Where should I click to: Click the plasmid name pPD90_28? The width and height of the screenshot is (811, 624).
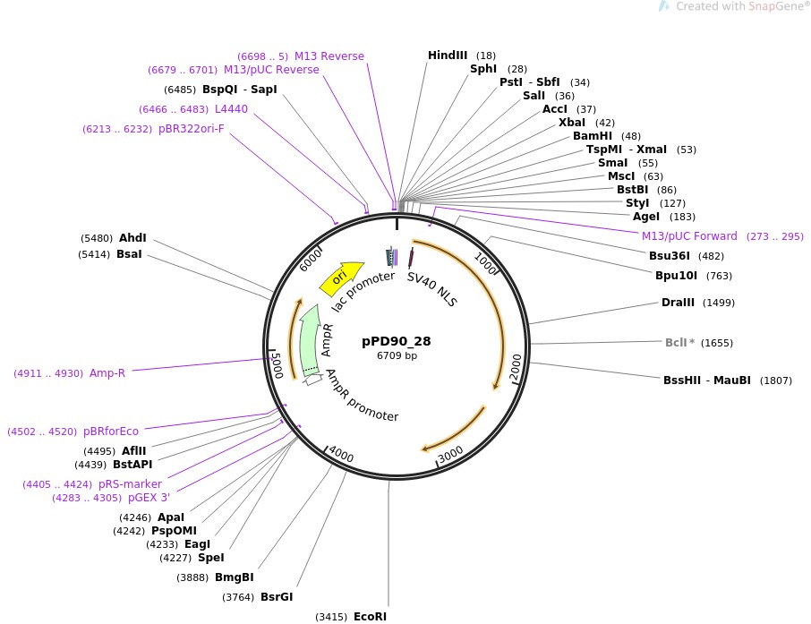point(397,341)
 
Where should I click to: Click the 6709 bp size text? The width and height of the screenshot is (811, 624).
point(397,355)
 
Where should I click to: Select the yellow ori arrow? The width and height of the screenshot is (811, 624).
point(342,278)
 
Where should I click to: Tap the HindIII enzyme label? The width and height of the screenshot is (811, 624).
point(448,56)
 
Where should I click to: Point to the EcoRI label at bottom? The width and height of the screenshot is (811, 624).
point(370,617)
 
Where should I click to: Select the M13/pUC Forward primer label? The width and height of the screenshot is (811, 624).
point(689,236)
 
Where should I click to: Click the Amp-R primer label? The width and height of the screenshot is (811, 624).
point(107,372)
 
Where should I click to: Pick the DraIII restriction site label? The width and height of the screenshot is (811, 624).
point(678,303)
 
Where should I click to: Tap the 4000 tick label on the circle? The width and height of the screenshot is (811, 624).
point(341,455)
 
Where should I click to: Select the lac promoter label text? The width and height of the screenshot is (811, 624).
point(363,291)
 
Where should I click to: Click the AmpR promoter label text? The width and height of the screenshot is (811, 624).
point(362,396)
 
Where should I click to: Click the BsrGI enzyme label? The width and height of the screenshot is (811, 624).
point(277,597)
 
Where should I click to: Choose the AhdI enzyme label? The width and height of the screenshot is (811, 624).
point(132,238)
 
